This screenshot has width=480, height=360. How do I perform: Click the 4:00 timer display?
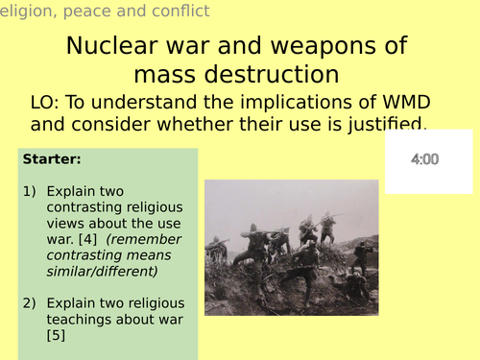coord(424,159)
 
